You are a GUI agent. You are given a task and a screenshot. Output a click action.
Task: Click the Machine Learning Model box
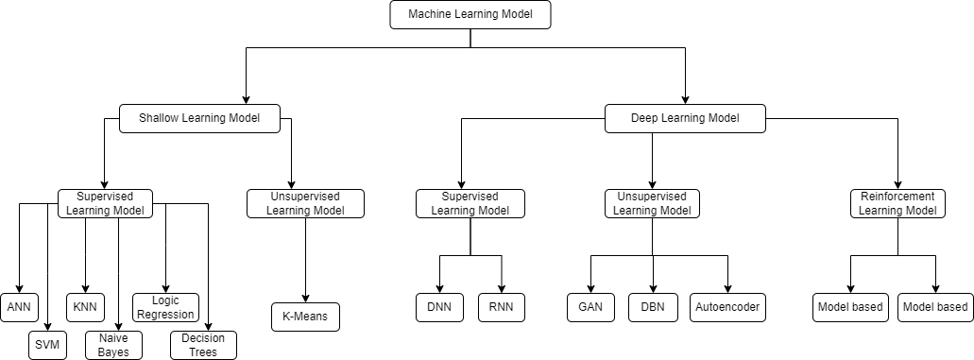tap(470, 14)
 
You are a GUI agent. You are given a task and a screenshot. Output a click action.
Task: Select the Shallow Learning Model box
tap(199, 118)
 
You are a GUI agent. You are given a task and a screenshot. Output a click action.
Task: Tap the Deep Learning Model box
tap(685, 118)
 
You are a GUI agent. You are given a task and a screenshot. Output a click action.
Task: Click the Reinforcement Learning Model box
tap(897, 203)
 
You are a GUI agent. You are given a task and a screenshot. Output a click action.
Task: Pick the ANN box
tap(19, 307)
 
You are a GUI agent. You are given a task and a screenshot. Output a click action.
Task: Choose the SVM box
tap(47, 345)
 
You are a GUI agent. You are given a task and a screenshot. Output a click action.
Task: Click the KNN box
tap(86, 307)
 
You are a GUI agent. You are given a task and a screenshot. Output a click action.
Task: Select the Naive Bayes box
tap(113, 345)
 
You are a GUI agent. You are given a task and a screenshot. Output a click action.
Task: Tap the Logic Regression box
tap(165, 307)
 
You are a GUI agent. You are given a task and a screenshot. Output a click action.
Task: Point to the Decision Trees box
tap(203, 345)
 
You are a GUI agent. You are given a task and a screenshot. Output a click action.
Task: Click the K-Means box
tap(306, 317)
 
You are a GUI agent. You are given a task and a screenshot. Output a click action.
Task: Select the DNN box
tap(440, 307)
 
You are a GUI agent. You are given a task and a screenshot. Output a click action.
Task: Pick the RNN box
tap(502, 307)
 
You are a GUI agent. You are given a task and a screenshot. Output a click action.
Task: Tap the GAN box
tap(590, 307)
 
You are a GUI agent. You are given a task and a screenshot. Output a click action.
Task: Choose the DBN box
tap(652, 307)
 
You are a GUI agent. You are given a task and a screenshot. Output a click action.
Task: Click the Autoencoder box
tap(727, 307)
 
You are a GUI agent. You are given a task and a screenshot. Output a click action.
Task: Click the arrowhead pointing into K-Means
tap(306, 299)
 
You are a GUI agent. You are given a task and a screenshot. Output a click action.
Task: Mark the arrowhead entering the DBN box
tap(652, 288)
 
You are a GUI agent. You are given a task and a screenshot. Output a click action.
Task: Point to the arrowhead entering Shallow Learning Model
tap(246, 99)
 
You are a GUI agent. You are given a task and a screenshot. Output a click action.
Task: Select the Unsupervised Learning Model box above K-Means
tap(306, 203)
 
